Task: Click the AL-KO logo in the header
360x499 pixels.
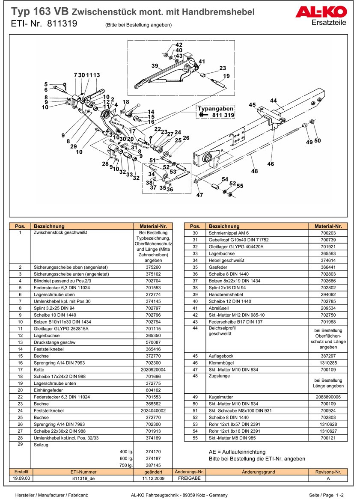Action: pos(321,13)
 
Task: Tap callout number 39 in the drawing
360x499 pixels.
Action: pos(155,65)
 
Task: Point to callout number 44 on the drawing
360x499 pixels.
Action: pos(274,101)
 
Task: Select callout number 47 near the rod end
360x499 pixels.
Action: pos(199,195)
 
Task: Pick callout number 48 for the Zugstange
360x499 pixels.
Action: pos(255,171)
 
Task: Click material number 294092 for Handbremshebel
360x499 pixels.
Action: pos(328,294)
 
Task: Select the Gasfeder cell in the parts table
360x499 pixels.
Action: pos(216,267)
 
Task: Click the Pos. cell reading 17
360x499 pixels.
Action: pos(20,369)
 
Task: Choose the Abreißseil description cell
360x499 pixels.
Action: pos(219,308)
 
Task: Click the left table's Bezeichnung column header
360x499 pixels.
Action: pos(49,226)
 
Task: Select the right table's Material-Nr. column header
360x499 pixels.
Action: pos(328,226)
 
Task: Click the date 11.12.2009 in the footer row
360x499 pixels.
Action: pos(153,478)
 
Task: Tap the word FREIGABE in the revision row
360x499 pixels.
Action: pos(189,478)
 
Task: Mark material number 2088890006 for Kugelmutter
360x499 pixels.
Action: pos(328,397)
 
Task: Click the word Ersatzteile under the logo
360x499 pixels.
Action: pos(329,22)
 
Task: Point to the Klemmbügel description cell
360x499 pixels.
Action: pos(219,362)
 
